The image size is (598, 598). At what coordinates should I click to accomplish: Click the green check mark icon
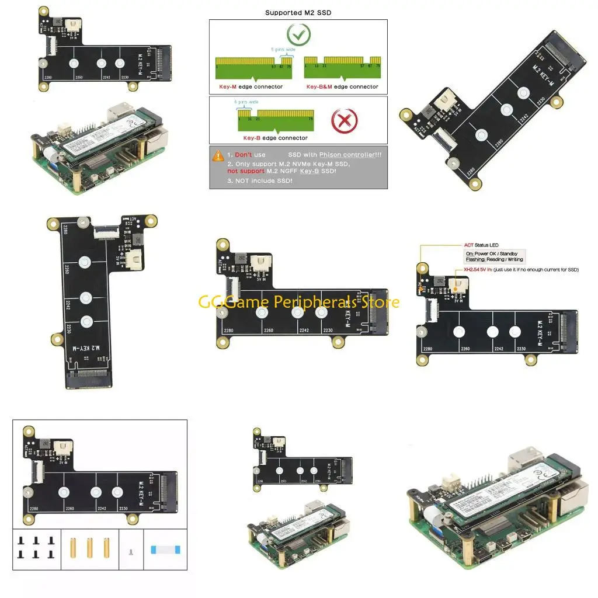[298, 35]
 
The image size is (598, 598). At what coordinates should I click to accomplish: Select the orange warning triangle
[218, 155]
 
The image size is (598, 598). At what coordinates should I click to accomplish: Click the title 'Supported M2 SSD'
[298, 12]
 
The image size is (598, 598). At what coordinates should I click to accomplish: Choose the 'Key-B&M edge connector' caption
[342, 87]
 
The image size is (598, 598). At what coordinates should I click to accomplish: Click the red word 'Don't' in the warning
[244, 155]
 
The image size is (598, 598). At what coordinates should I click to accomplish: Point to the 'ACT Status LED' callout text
[482, 245]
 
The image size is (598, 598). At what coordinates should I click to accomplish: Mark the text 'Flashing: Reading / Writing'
[494, 259]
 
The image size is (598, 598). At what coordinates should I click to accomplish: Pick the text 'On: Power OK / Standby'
[491, 253]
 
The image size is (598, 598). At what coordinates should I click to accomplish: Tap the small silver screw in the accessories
[131, 551]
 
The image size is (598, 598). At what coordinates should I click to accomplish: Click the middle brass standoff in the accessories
[90, 548]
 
